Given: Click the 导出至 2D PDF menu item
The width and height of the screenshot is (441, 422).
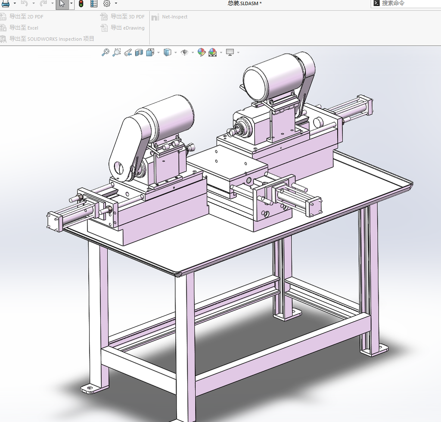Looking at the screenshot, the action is [22, 17].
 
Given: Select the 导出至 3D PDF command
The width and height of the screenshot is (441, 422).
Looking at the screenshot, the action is [123, 17].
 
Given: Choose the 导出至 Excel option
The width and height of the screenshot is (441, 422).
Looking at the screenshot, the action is [19, 28].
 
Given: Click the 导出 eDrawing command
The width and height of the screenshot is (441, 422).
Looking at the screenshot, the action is [123, 28].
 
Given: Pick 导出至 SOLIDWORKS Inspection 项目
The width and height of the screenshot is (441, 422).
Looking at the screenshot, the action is [47, 38].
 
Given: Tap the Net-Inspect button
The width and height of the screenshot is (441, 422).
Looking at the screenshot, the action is [169, 17].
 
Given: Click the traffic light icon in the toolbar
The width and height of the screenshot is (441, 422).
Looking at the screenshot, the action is [81, 3].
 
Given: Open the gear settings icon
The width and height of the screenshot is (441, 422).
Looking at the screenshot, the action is [107, 3].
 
